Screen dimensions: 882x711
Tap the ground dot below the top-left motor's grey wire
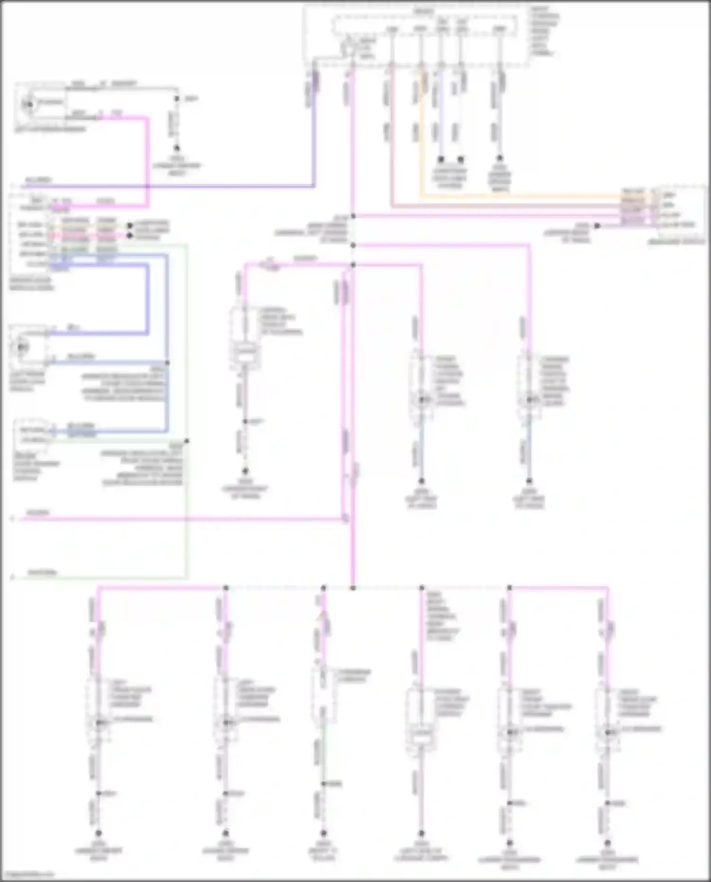click(x=176, y=148)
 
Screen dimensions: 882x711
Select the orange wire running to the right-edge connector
click(x=521, y=196)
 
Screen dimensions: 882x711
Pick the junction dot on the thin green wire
click(x=186, y=441)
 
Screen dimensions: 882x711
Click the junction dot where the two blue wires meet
click(x=167, y=363)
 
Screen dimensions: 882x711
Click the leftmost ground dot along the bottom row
click(x=99, y=833)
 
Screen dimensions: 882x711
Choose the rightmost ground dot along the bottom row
click(x=608, y=842)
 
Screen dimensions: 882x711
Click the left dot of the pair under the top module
click(x=441, y=159)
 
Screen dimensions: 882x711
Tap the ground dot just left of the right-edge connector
click(x=597, y=226)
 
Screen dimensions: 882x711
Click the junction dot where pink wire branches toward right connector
click(x=353, y=217)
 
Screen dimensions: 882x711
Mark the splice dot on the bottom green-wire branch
click(x=324, y=784)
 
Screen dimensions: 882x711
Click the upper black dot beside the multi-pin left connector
click(x=129, y=226)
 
